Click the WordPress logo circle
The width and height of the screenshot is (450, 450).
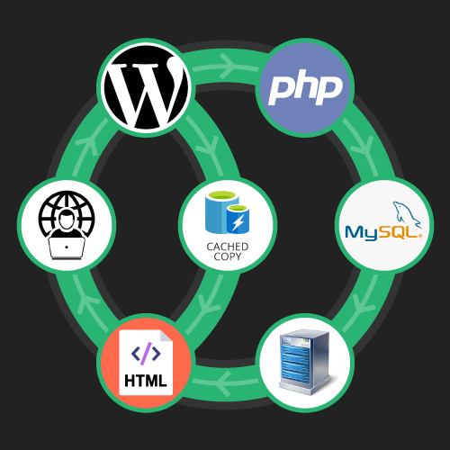[146, 87]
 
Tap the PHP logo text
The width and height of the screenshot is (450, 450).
[305, 87]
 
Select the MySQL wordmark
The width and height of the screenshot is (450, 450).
[383, 232]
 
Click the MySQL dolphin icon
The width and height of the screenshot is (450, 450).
[407, 214]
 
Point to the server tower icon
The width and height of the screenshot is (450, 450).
[304, 362]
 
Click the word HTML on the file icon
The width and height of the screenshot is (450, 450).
[146, 381]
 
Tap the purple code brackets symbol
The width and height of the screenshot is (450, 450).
[146, 354]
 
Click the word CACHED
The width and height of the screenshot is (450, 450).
[228, 247]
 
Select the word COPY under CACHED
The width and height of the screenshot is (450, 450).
[228, 256]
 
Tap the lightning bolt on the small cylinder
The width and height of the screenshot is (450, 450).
[238, 223]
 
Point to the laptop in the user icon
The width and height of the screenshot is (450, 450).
[67, 247]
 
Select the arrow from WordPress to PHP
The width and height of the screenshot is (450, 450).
[226, 67]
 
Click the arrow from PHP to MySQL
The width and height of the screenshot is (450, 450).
[361, 148]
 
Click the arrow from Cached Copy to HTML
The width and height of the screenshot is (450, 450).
[205, 304]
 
